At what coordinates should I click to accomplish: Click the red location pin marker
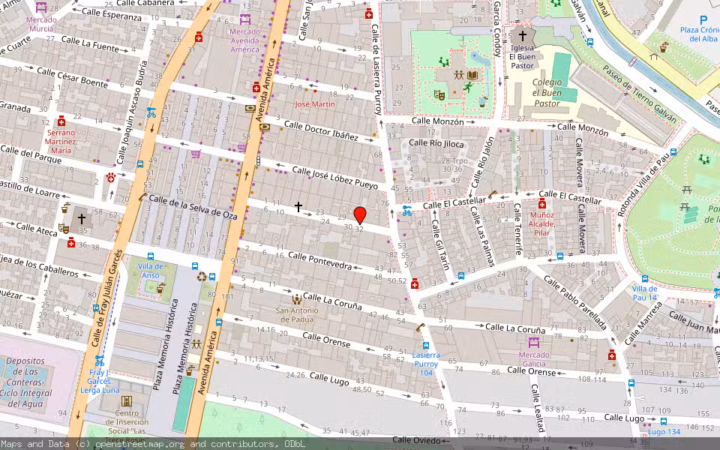[360, 215]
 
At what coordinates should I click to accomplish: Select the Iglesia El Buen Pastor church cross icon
[523, 36]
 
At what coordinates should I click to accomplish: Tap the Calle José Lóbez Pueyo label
[335, 177]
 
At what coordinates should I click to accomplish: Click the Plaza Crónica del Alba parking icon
[703, 21]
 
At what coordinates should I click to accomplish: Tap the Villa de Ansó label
[151, 271]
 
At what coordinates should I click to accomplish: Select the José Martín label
[315, 104]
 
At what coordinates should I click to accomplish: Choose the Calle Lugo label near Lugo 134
[624, 418]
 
